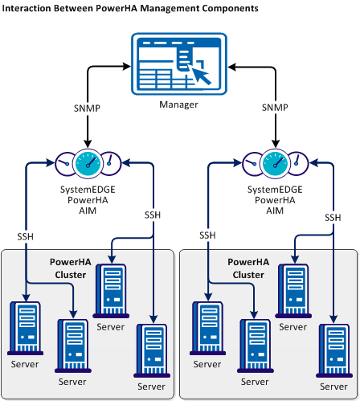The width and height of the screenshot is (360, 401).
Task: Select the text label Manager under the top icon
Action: (x=179, y=104)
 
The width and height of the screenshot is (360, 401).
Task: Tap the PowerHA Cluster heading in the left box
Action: (x=70, y=268)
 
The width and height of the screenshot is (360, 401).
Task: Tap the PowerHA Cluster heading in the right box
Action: (x=248, y=268)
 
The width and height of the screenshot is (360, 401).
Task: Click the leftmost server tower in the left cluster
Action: (x=24, y=328)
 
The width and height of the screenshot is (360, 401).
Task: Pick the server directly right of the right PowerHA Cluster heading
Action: (x=293, y=291)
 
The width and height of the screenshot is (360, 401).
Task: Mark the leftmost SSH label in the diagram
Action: (x=26, y=236)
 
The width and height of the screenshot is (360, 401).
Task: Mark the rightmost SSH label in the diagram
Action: (x=333, y=217)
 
